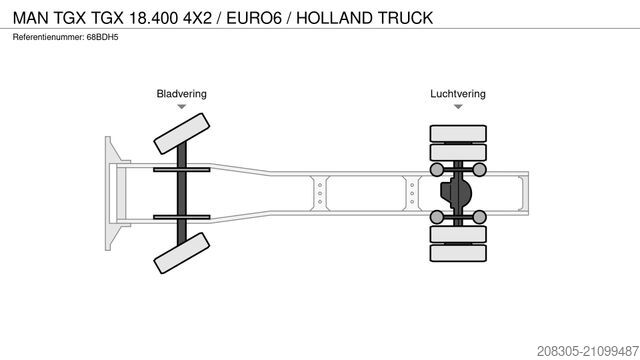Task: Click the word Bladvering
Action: click(181, 94)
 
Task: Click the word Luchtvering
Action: click(458, 94)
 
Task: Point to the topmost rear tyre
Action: click(458, 133)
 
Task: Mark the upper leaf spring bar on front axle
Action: click(181, 167)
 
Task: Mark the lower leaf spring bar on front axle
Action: click(181, 215)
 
